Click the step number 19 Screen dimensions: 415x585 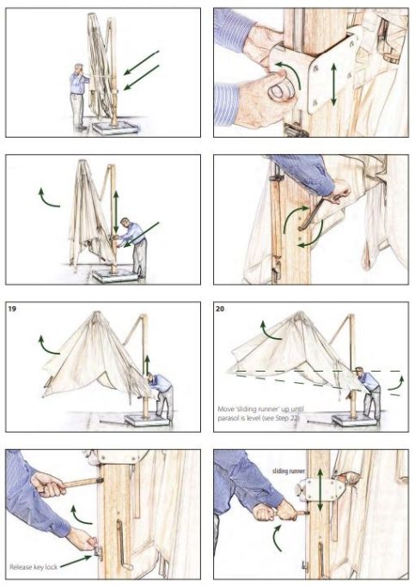click(12, 309)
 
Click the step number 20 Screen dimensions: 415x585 click(220, 309)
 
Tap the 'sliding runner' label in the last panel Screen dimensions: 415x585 click(289, 471)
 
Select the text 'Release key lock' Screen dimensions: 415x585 click(34, 567)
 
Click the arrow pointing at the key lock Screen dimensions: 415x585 click(76, 562)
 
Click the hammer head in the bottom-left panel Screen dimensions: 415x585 click(100, 480)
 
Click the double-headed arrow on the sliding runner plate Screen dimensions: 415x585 click(320, 490)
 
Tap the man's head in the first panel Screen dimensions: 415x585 click(79, 68)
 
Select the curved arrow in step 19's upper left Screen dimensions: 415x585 click(47, 345)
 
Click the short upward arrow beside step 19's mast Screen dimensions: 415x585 click(147, 365)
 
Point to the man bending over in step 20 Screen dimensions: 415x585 click(369, 391)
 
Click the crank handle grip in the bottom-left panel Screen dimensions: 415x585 click(128, 568)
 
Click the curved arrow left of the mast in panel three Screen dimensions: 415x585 click(47, 198)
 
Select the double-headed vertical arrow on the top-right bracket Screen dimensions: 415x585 click(333, 84)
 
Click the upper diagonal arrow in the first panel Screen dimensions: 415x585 click(142, 62)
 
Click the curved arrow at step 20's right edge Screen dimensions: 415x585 click(395, 384)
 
